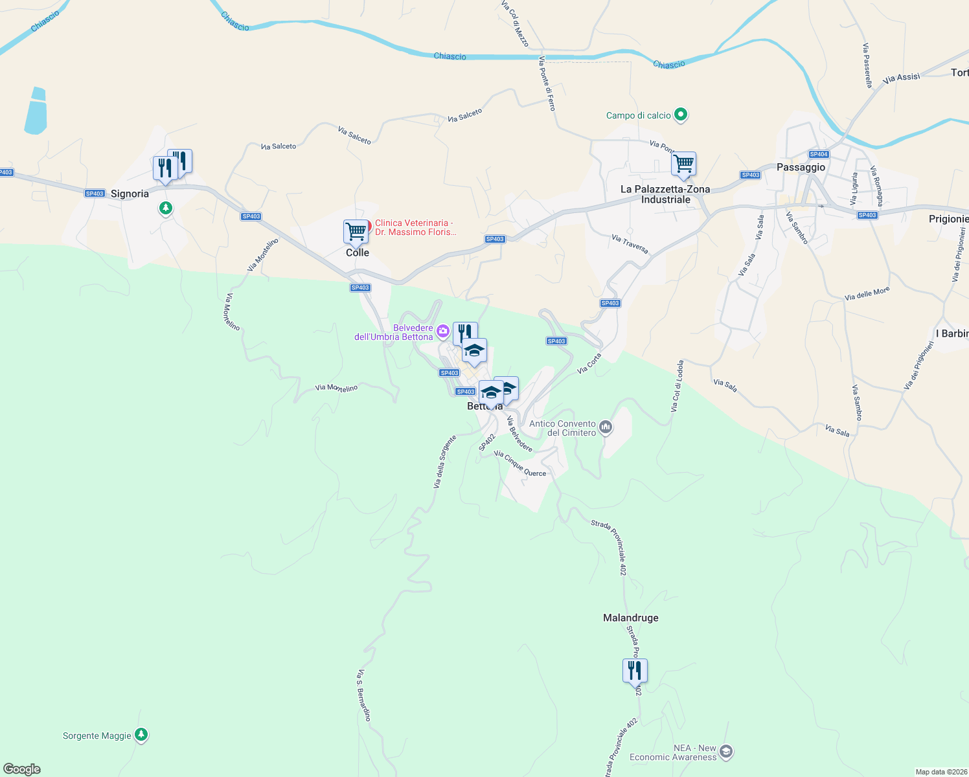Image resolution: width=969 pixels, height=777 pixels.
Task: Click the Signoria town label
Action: (x=130, y=194)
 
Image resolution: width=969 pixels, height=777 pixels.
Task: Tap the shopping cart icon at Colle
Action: (x=356, y=231)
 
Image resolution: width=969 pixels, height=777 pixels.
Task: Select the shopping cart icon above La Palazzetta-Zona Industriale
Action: (x=683, y=164)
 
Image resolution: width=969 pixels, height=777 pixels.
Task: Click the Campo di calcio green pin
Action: (x=680, y=115)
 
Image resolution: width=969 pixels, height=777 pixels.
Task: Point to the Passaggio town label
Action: (x=801, y=167)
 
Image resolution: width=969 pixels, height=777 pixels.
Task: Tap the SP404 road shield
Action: (x=819, y=154)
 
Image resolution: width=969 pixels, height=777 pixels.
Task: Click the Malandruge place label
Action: (x=630, y=618)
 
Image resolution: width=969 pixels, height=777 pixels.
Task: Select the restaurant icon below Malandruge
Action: (x=635, y=671)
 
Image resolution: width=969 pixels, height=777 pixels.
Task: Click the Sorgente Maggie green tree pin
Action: (x=141, y=735)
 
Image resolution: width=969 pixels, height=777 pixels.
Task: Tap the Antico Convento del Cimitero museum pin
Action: (x=606, y=427)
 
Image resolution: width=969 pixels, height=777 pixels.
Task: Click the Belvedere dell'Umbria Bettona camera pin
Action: (x=443, y=332)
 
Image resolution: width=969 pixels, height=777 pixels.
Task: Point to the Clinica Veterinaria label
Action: (x=415, y=227)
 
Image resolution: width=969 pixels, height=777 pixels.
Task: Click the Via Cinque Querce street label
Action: (x=519, y=464)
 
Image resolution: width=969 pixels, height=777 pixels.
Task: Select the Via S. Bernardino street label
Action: (x=363, y=695)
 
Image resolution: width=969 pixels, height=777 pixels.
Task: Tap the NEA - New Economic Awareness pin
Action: (x=726, y=751)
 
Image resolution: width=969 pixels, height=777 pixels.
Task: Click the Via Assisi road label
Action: (x=901, y=78)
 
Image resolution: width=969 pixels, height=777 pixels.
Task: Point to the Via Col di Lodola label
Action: (x=677, y=387)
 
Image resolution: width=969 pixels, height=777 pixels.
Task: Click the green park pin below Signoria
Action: (x=166, y=208)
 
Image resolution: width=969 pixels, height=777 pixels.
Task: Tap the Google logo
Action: (x=22, y=769)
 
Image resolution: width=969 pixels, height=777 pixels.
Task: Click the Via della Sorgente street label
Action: (x=445, y=462)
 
